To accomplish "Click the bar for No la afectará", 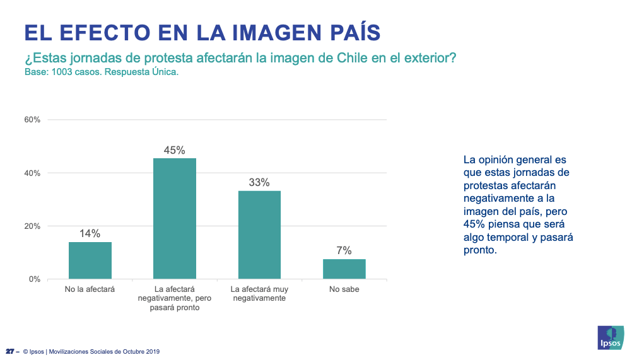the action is tap(90, 260).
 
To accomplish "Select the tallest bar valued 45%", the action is tap(175, 219).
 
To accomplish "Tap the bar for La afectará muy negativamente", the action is tap(260, 235).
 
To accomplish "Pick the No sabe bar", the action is tap(344, 269).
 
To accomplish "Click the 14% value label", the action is tap(90, 233).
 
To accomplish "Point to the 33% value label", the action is tap(259, 182).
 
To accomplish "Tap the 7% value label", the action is tap(344, 250).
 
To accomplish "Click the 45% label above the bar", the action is tap(175, 150).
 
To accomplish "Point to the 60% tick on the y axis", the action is tap(32, 120).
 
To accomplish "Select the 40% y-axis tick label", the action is tap(32, 173).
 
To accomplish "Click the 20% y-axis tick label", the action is tap(32, 226).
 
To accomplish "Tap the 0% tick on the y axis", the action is tap(35, 279).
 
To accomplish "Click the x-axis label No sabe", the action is tap(344, 289).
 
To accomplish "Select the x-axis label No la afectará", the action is tap(90, 289).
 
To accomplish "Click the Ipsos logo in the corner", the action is tap(611, 338).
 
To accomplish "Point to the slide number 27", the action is tap(10, 351).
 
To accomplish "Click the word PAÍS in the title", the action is tap(356, 32).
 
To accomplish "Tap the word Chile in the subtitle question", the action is tap(352, 58).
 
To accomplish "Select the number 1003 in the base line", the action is tap(62, 73).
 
